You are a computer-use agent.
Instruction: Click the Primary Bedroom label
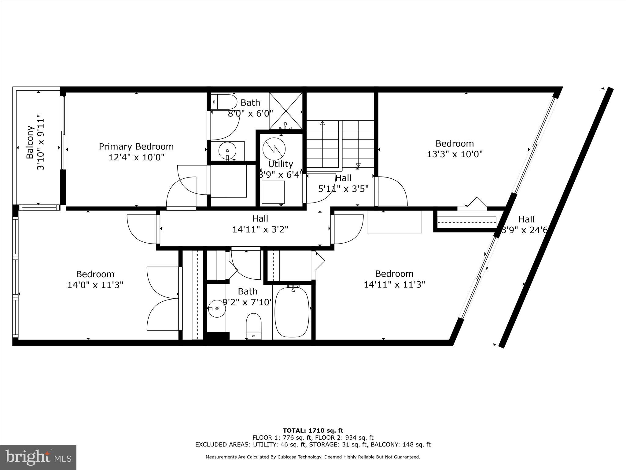pos(136,147)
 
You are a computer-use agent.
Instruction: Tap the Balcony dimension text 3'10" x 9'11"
pos(41,143)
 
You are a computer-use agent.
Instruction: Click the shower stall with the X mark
pos(285,110)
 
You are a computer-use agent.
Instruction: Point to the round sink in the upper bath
pos(227,151)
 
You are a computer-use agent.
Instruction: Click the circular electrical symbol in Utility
pos(274,148)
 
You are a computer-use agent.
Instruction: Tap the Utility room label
pos(281,164)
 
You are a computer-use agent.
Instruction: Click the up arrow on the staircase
pos(322,124)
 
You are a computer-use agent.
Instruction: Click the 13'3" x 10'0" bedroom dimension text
pos(455,154)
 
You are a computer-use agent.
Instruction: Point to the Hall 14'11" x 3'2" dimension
pos(260,229)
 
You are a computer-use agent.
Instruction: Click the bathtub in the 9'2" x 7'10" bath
pos(292,312)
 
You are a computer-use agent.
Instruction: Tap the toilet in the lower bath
pos(254,326)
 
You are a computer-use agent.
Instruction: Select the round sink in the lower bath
pos(217,308)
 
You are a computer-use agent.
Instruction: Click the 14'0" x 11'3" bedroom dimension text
pos(95,285)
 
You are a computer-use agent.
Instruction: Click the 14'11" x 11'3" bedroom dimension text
pos(394,285)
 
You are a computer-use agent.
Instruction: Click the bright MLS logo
pos(38,457)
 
